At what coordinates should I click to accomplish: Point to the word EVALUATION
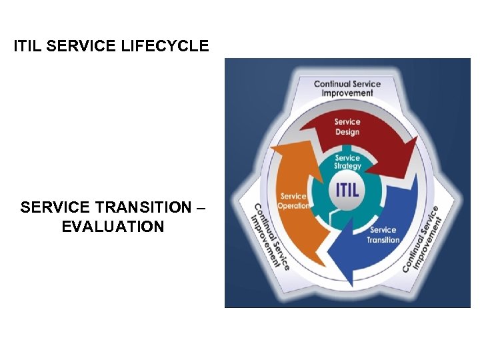tap(113, 227)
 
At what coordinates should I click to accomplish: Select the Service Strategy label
tap(347, 162)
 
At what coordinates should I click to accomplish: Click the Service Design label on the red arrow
tap(347, 127)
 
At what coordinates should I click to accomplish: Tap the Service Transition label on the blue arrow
tap(383, 235)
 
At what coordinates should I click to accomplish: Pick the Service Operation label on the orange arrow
tap(294, 201)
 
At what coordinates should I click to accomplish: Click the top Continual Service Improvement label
tap(347, 89)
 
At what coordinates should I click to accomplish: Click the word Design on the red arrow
tap(347, 132)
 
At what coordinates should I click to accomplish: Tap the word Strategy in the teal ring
tap(348, 166)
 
